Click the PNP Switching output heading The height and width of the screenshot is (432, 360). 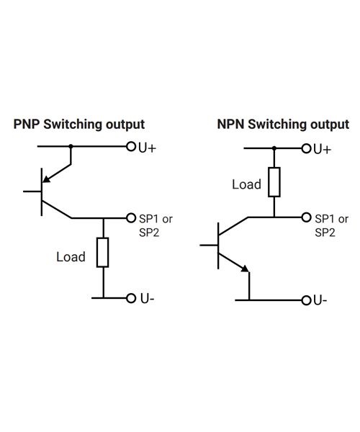point(79,125)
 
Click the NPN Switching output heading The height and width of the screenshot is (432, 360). point(283,125)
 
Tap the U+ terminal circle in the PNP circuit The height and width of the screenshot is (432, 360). point(131,146)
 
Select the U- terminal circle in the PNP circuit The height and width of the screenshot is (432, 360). point(131,298)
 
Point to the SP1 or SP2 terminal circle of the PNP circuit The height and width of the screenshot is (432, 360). point(131,218)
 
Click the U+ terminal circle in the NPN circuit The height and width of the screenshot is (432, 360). point(306,148)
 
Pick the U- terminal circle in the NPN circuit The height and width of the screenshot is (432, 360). point(306,300)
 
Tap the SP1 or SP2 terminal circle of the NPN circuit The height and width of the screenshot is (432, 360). point(306,217)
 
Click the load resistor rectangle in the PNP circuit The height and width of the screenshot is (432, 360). point(102,253)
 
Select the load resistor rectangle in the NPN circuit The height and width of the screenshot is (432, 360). point(274,182)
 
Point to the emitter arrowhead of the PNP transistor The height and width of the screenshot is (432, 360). point(47,179)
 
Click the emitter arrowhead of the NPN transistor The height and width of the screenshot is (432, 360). point(245,269)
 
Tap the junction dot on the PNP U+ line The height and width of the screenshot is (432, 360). point(71,146)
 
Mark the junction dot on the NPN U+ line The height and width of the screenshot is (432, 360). point(274,148)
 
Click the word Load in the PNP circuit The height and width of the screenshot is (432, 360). point(71,257)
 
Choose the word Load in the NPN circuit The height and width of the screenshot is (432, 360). point(246,184)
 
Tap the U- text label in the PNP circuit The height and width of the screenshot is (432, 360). point(148,299)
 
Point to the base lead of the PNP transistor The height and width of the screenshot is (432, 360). point(32,192)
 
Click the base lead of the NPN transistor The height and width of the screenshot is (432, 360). point(209,245)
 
